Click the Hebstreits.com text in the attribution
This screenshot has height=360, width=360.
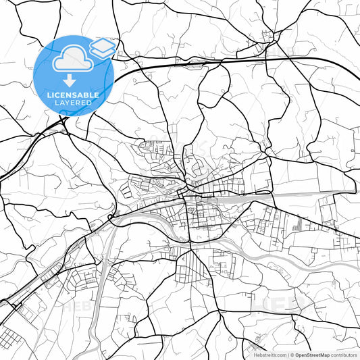[x=265, y=355]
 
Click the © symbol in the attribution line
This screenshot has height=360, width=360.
[x=291, y=355]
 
